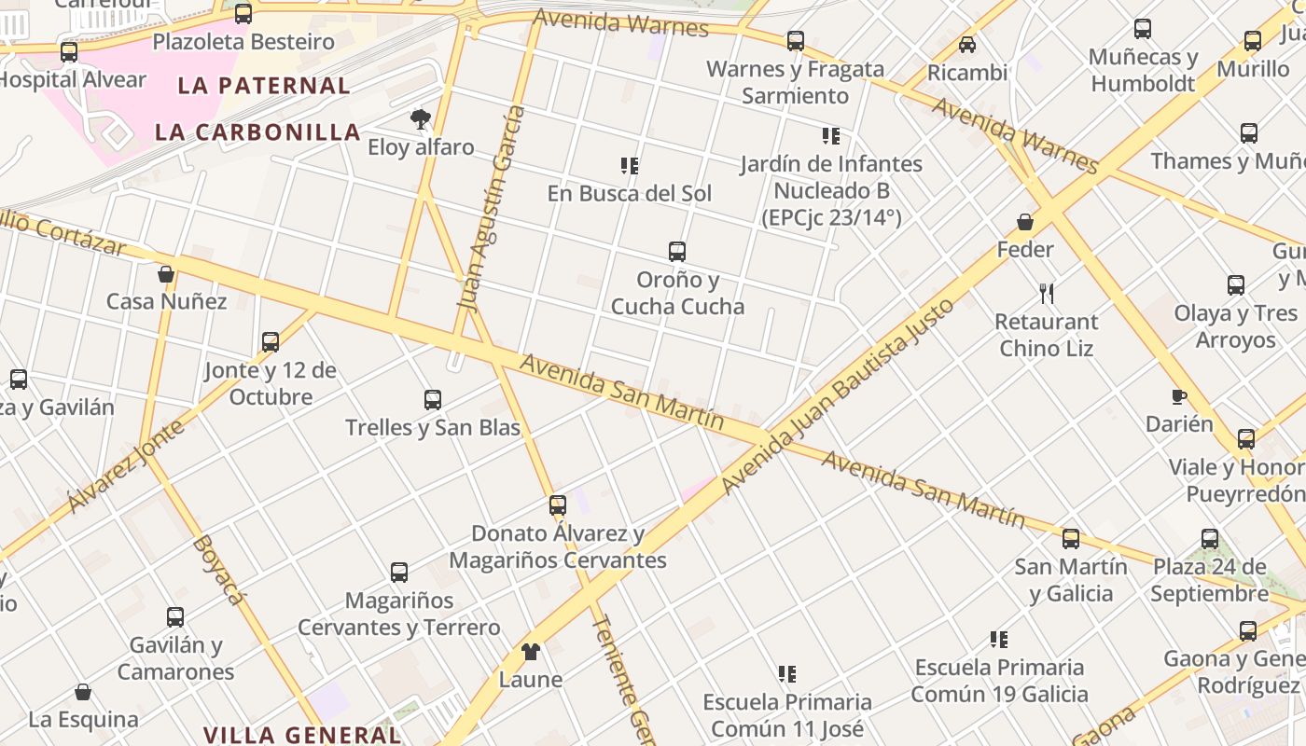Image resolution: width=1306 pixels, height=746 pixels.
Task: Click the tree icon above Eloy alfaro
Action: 421,118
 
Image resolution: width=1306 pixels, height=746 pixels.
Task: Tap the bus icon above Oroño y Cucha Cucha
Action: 677,251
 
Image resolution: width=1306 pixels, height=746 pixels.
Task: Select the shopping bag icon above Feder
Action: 1025,221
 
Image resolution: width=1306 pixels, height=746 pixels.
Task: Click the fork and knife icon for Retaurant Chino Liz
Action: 1047,293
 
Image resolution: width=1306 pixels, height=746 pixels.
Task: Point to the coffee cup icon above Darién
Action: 1179,396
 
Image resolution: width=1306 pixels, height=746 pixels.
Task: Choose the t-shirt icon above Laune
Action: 531,651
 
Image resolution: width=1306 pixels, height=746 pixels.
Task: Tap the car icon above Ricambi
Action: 967,44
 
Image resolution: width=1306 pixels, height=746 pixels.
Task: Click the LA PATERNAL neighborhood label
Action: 264,86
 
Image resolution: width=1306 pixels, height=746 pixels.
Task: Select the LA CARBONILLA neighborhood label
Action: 257,132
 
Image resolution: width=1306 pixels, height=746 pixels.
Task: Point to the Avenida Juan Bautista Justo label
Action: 838,395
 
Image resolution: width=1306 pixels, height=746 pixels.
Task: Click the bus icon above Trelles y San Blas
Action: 433,400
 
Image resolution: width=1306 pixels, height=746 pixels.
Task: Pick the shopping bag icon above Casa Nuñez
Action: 166,273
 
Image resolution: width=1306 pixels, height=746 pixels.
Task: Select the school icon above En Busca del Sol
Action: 630,165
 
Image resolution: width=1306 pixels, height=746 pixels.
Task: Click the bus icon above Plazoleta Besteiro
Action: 243,14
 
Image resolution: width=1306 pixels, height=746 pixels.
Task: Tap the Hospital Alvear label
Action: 73,80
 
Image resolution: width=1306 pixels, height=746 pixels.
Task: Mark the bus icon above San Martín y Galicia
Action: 1071,538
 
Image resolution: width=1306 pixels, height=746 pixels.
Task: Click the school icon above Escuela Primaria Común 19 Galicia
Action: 999,639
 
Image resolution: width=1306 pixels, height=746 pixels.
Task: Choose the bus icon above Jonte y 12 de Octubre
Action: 271,341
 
